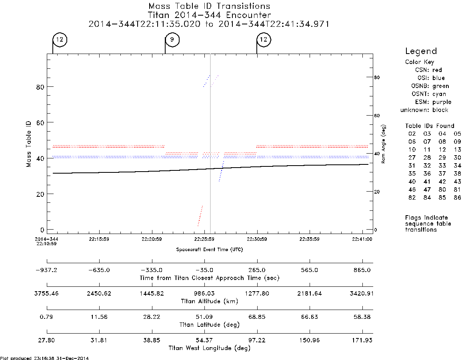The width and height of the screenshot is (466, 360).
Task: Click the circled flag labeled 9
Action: tap(172, 40)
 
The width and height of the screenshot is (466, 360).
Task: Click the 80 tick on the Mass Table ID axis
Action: tap(40, 87)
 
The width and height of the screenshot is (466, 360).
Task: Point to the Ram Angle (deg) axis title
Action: tap(383, 144)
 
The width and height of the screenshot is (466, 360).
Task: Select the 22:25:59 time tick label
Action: tap(204, 239)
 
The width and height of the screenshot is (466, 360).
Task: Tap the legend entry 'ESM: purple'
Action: tap(433, 102)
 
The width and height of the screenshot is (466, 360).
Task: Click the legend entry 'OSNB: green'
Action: tap(430, 86)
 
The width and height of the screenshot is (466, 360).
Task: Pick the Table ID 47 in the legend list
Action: tap(427, 190)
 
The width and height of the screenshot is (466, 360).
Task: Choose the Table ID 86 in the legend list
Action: tap(457, 198)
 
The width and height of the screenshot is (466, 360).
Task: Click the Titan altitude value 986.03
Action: tap(204, 294)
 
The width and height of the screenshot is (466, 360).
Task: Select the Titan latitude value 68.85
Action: tap(257, 317)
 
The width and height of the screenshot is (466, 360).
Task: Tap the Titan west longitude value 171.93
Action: tap(362, 340)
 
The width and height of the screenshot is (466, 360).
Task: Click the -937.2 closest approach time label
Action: tap(46, 270)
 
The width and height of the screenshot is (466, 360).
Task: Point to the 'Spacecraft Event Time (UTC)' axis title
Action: tap(210, 250)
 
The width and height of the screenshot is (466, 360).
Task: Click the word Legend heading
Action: tap(421, 51)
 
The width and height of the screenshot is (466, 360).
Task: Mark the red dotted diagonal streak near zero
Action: tap(200, 216)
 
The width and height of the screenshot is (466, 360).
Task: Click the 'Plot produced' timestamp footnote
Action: tap(44, 358)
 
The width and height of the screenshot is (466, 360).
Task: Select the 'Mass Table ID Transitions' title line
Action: tap(209, 6)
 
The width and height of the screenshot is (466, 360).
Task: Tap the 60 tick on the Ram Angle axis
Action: tap(376, 116)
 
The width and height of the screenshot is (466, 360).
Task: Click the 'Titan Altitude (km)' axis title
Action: tap(210, 302)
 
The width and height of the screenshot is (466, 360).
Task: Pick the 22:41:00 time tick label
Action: tap(362, 239)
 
